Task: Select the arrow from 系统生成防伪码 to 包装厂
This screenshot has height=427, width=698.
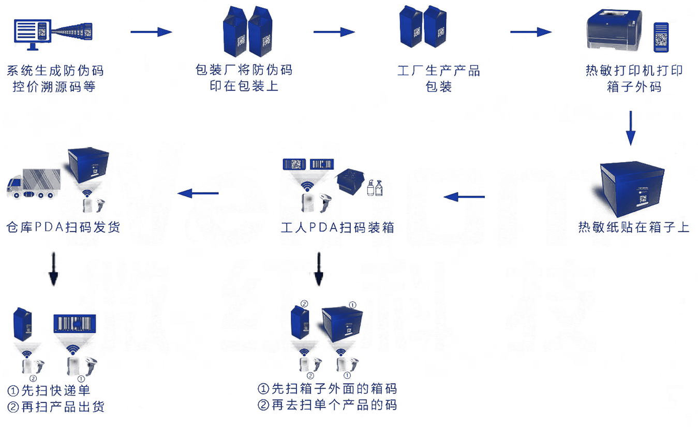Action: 151,32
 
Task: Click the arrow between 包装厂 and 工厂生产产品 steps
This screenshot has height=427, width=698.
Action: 334,32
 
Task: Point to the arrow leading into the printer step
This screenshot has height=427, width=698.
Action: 531,32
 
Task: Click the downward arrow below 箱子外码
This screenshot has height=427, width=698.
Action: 630,127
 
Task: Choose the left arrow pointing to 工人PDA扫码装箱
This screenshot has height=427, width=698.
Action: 465,197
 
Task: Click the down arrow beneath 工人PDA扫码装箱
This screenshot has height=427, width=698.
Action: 319,270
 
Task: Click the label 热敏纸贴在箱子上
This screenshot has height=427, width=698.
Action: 633,227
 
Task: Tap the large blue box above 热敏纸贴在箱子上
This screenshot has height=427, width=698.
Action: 632,188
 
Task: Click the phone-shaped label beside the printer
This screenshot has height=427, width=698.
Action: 661,37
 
